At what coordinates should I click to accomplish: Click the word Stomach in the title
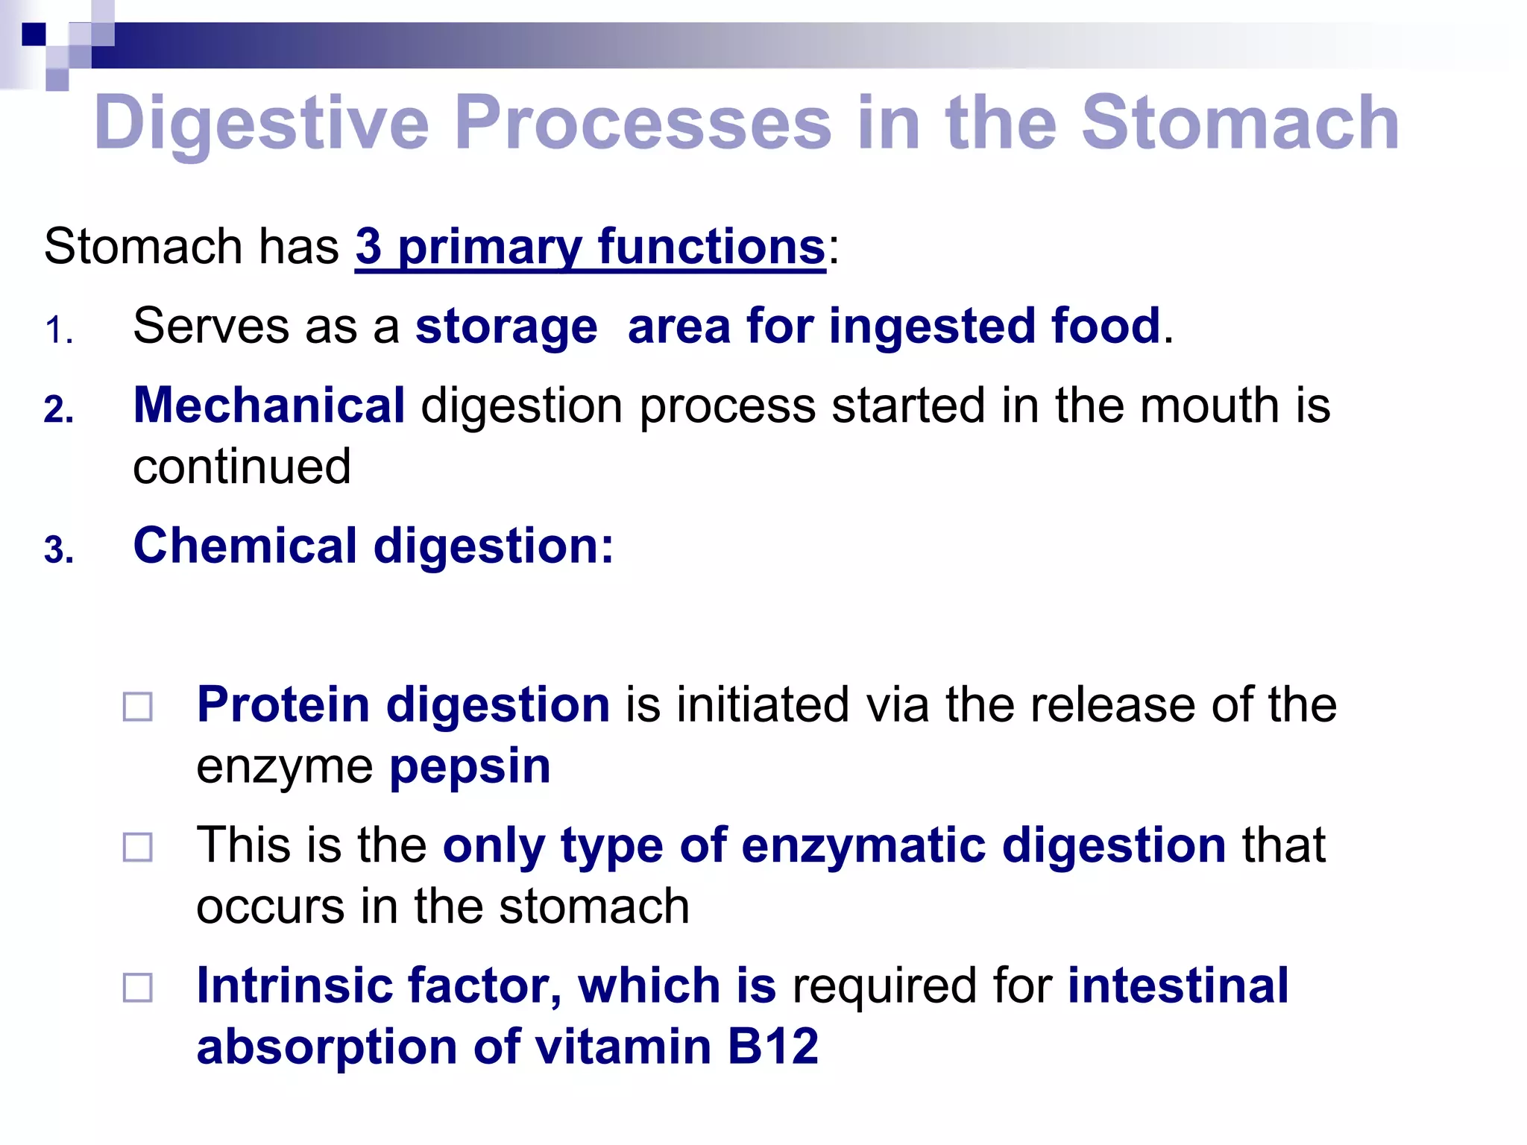click(1239, 123)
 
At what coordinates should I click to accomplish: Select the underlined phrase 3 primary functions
click(590, 247)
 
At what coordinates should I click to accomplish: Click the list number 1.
click(57, 330)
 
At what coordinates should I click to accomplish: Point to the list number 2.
click(57, 410)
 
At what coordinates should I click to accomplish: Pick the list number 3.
click(57, 551)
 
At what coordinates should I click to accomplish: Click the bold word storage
click(506, 327)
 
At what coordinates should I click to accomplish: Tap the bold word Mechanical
click(269, 406)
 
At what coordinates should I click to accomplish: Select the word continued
click(242, 467)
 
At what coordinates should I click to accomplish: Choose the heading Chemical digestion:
click(373, 546)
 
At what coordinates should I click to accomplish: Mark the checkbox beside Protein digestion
click(138, 707)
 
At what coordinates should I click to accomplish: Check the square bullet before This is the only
click(138, 848)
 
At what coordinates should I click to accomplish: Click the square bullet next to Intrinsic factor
click(138, 988)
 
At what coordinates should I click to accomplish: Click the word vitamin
click(623, 1046)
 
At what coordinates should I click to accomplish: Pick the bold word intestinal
click(1178, 985)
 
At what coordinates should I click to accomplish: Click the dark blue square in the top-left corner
click(34, 34)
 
